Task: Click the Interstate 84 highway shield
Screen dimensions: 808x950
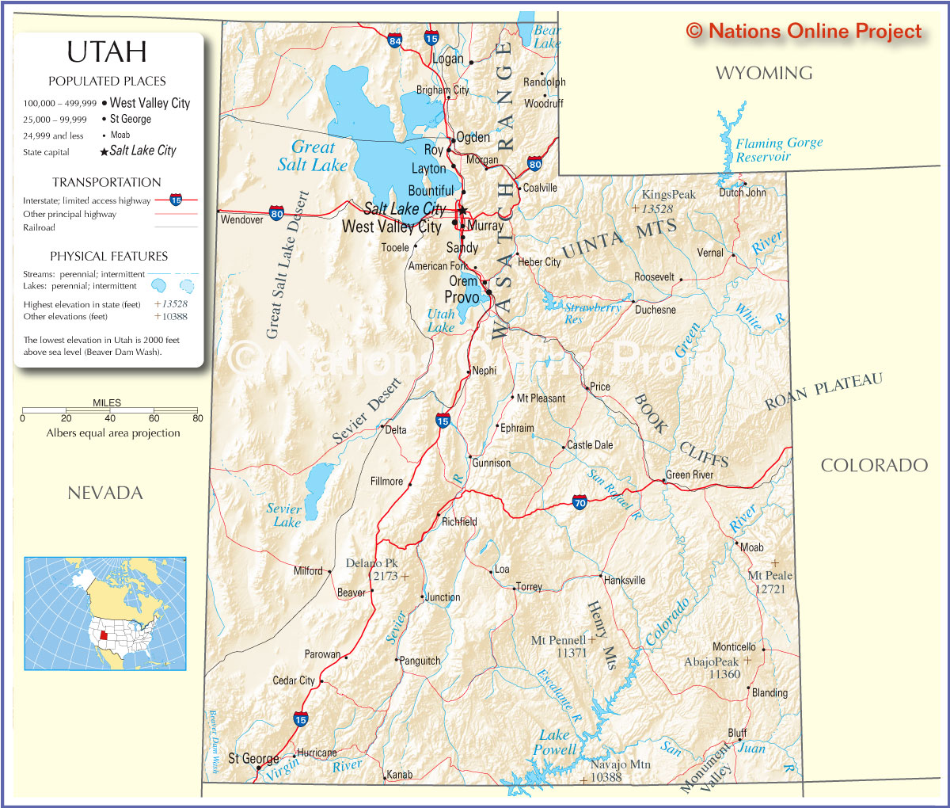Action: point(395,40)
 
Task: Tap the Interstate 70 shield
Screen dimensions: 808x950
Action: point(579,503)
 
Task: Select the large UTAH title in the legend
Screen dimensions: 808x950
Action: point(107,52)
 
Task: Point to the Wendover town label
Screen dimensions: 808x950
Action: point(241,219)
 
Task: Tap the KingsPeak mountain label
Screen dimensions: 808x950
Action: point(668,195)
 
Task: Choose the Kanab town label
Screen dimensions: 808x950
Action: point(399,774)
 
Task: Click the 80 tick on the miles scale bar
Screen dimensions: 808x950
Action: point(197,418)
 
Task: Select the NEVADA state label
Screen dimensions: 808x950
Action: point(104,494)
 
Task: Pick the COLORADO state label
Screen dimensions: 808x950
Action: point(873,466)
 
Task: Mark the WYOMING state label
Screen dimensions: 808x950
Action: point(763,74)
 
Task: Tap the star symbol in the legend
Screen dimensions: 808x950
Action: point(104,152)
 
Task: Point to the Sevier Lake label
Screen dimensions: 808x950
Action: point(284,515)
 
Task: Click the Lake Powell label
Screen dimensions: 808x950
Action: point(554,742)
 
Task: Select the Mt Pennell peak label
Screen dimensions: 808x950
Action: point(558,640)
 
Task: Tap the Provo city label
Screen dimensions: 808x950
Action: point(462,298)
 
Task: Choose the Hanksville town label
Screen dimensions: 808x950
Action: point(625,581)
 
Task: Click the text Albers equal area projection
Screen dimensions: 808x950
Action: point(113,433)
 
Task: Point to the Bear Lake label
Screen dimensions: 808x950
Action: point(547,36)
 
